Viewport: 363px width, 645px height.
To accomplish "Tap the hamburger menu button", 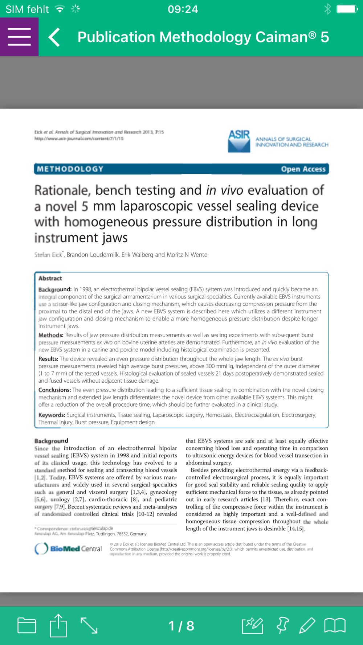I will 19,37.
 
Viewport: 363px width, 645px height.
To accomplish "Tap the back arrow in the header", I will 54,37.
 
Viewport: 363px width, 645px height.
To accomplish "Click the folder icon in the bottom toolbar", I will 27,625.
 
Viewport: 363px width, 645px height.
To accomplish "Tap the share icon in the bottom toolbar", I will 58,625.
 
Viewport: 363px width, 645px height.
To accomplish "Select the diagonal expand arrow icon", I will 89,625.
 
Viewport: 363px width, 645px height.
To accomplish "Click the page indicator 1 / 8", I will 181,626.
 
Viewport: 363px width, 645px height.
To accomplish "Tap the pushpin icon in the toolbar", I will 282,625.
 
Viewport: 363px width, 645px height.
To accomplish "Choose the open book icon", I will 335,625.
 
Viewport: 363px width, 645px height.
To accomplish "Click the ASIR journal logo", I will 239,141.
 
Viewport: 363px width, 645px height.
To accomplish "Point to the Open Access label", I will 303,169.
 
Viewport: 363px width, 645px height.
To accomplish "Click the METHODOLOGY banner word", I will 70,169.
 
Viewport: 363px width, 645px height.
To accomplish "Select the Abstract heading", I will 50,278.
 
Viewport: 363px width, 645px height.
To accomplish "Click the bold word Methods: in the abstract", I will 51,335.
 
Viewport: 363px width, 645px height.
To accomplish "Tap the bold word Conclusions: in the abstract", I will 54,390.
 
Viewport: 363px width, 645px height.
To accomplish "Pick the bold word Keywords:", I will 52,415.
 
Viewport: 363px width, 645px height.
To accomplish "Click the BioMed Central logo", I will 68,549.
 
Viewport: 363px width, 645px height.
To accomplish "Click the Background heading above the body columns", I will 51,441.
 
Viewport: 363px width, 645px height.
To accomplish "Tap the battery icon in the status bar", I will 347,9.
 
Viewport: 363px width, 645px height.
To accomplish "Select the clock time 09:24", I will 183,9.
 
